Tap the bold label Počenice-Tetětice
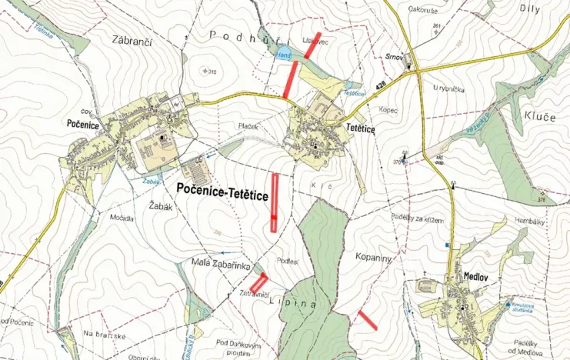point(222,197)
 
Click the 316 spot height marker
point(208,72)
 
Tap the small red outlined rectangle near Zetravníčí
point(258,282)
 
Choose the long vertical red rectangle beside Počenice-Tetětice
point(275,202)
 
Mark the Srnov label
point(395,57)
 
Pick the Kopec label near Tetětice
point(388,111)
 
